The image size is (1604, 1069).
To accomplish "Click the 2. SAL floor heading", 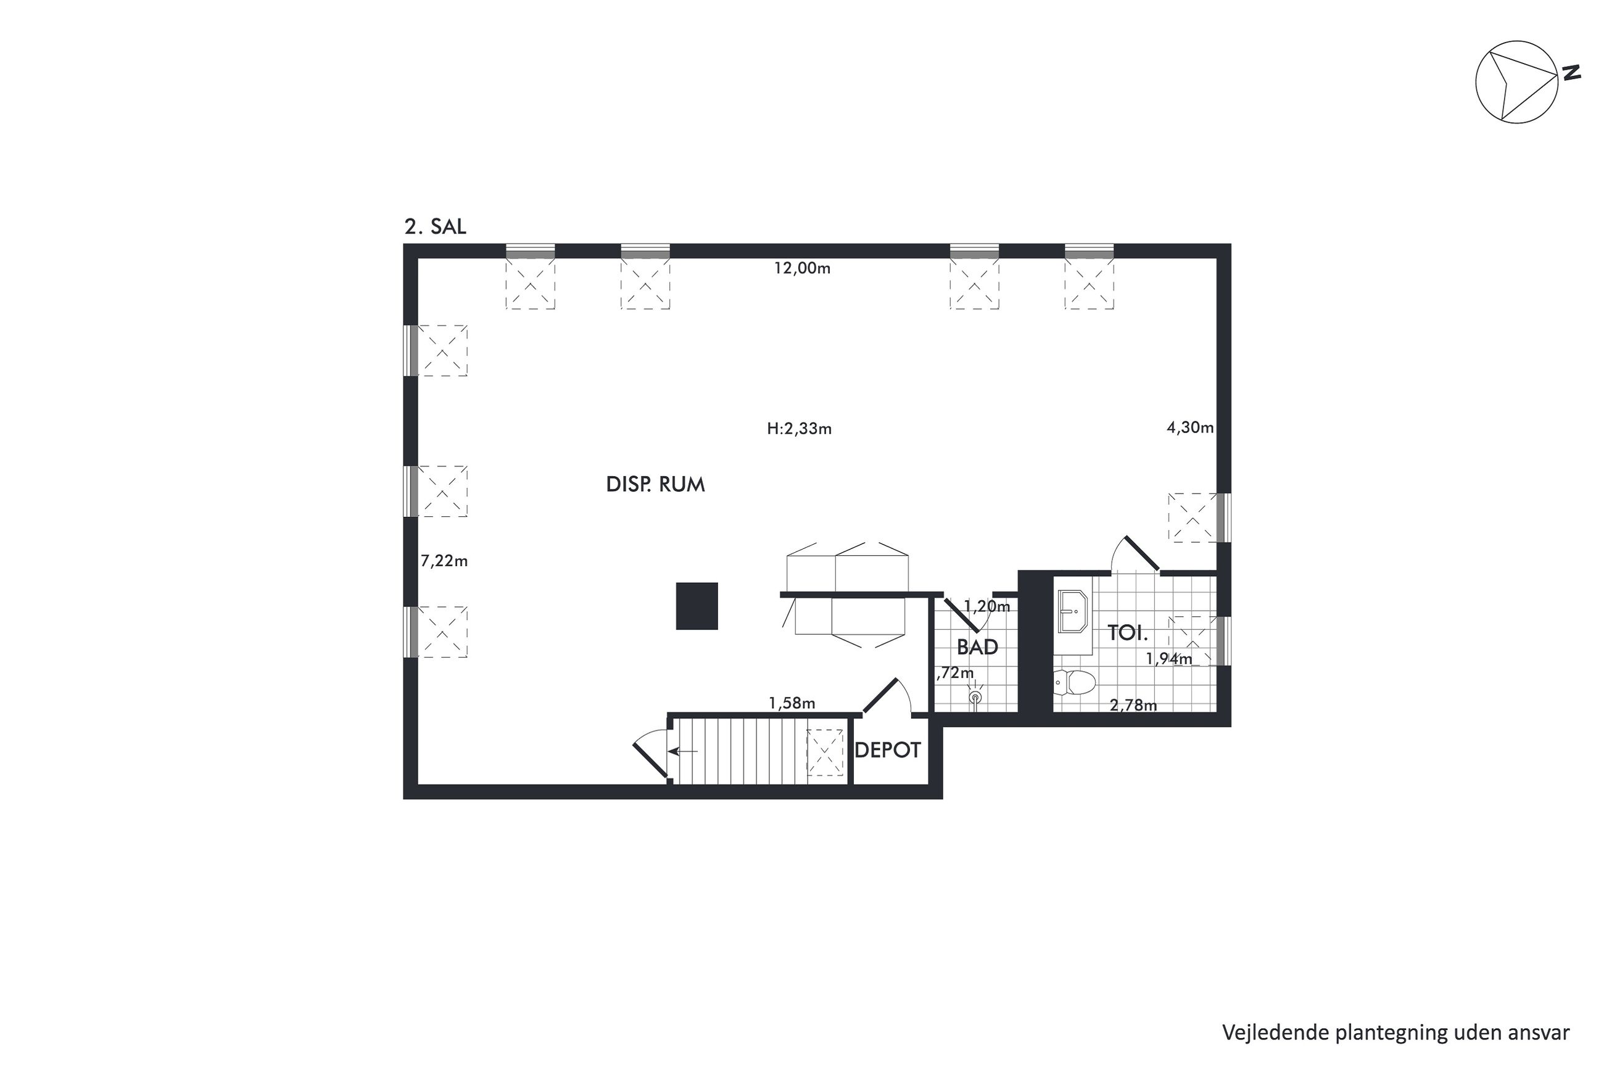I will pyautogui.click(x=435, y=227).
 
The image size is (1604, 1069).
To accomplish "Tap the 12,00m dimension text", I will pyautogui.click(x=801, y=268).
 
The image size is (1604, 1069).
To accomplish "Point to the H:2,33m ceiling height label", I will pyautogui.click(x=799, y=429).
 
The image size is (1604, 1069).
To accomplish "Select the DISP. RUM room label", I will pyautogui.click(x=655, y=485).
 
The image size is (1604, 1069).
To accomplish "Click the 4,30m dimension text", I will pyautogui.click(x=1189, y=428).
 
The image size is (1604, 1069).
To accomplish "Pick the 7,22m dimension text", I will pyautogui.click(x=444, y=561).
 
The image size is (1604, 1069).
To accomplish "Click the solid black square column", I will pyautogui.click(x=697, y=606).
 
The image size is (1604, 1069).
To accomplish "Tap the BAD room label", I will pyautogui.click(x=977, y=647).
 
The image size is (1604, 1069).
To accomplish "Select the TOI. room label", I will pyautogui.click(x=1128, y=634).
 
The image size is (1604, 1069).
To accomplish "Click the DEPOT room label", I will pyautogui.click(x=887, y=751).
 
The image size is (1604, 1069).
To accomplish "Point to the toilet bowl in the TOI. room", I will pyautogui.click(x=1075, y=682).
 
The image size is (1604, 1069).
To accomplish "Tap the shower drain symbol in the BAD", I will pyautogui.click(x=975, y=698).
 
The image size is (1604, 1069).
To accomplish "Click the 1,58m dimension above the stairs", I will pyautogui.click(x=792, y=703).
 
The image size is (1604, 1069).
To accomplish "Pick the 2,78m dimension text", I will pyautogui.click(x=1133, y=706).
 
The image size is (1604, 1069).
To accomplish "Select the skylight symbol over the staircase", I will pyautogui.click(x=825, y=751).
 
